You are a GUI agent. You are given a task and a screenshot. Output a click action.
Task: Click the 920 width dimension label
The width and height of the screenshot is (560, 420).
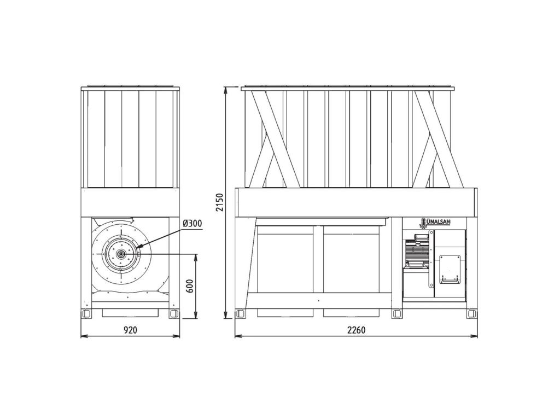point(130,330)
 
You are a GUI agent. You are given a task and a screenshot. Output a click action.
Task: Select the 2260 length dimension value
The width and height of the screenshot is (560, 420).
point(356,330)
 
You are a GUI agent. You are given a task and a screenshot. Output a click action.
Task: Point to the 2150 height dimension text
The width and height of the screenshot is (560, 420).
point(220,202)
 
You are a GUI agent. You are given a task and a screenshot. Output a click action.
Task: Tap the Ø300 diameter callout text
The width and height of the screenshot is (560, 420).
point(192,224)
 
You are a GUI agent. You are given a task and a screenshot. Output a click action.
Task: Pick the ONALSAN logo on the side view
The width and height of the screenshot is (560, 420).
point(434,222)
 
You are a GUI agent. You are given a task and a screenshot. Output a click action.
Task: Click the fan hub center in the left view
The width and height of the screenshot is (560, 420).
point(121,254)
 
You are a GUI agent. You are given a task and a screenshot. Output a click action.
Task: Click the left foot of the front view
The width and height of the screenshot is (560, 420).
point(86,313)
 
